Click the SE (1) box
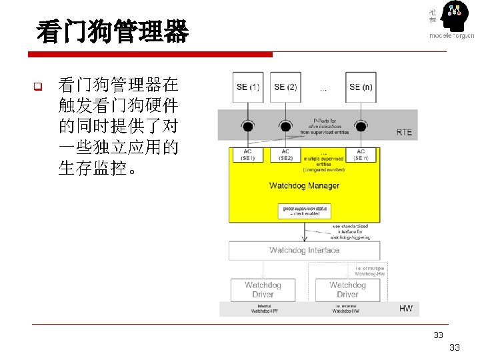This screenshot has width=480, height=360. (x=248, y=87)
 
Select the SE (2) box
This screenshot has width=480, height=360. (x=285, y=87)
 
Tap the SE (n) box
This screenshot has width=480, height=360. (x=361, y=87)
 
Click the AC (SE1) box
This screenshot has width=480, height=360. (x=248, y=155)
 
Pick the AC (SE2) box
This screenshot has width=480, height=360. (x=285, y=155)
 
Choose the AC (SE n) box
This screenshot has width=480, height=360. (x=361, y=155)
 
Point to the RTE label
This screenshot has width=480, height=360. (x=404, y=132)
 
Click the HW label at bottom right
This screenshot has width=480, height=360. (x=405, y=308)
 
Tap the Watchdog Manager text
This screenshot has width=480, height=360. (x=304, y=185)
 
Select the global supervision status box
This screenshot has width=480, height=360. (x=304, y=211)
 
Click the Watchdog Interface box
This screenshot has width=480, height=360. (x=304, y=251)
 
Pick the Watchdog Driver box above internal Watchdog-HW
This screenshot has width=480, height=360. (x=263, y=289)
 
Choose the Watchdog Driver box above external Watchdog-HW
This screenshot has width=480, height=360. (x=347, y=289)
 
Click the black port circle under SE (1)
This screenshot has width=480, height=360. (x=248, y=125)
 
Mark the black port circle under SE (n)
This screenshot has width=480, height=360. (x=361, y=125)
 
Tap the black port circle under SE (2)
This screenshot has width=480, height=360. (x=285, y=125)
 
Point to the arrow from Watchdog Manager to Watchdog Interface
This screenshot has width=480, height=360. (x=304, y=232)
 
